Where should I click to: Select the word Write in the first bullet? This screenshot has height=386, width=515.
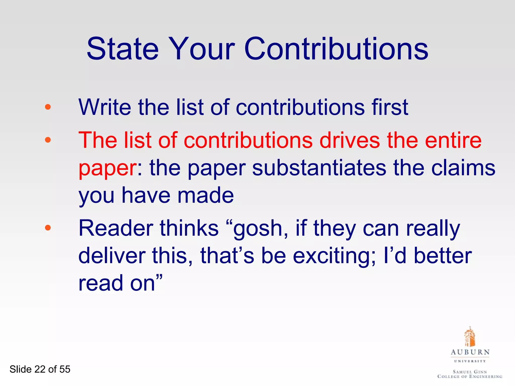[105, 107]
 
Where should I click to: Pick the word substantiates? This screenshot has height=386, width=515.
[319, 168]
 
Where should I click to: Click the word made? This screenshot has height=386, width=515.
[206, 195]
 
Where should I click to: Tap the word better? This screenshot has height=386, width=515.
[443, 256]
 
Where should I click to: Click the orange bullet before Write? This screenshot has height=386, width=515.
[48, 107]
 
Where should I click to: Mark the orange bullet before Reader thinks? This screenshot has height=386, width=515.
[48, 228]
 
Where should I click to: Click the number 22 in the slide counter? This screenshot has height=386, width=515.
[40, 369]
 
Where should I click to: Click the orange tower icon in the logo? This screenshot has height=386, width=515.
[469, 337]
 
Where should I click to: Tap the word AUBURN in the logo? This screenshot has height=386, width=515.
[470, 352]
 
